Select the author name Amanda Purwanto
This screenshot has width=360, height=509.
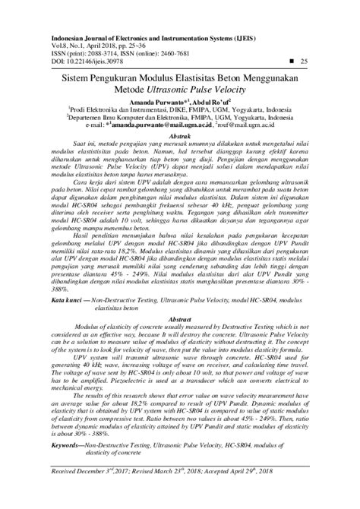pyautogui.click(x=153, y=102)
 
